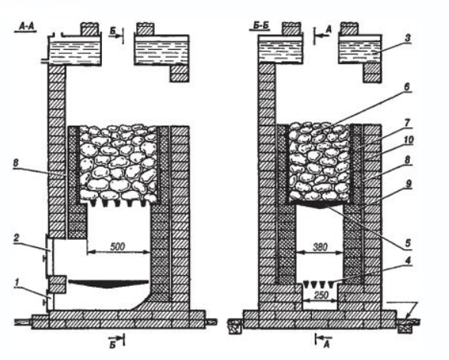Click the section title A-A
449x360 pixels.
(x=26, y=26)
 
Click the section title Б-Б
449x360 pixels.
(x=261, y=25)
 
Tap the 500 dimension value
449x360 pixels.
(x=118, y=247)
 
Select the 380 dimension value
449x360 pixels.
(x=320, y=247)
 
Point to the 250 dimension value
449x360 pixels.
(x=321, y=294)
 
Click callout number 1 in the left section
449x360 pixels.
(x=17, y=283)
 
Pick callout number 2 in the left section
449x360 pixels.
(x=16, y=238)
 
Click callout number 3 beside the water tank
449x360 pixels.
(x=408, y=38)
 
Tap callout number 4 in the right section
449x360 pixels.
(x=408, y=260)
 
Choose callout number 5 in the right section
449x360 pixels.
(x=408, y=243)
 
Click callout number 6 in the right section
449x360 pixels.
(x=408, y=87)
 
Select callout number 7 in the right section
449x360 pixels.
(x=408, y=123)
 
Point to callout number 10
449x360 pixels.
(x=408, y=140)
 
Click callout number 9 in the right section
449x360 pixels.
(x=408, y=184)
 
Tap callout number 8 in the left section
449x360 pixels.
(x=16, y=163)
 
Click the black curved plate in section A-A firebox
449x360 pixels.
(x=108, y=283)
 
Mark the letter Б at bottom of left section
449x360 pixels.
(x=113, y=345)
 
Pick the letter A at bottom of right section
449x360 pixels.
(x=326, y=344)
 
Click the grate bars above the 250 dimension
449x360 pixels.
(x=320, y=284)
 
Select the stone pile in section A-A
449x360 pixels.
(x=118, y=164)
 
